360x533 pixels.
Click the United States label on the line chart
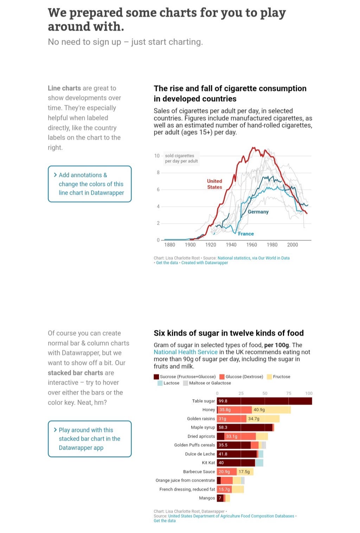(214, 184)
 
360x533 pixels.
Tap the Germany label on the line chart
(258, 212)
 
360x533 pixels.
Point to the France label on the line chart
(246, 234)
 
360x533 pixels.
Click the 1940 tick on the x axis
(231, 245)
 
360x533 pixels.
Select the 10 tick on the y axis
(157, 156)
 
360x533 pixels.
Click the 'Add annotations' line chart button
(90, 184)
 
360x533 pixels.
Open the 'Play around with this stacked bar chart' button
(90, 439)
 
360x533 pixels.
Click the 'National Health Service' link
(186, 352)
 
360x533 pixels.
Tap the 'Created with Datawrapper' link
(205, 263)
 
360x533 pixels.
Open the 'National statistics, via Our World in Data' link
(253, 258)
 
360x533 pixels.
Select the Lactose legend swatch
(160, 383)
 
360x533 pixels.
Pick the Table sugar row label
(203, 401)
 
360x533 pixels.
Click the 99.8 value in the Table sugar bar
(223, 401)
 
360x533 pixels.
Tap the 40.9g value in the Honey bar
(259, 410)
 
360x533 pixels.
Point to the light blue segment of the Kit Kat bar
(259, 463)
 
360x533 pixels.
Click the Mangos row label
(207, 498)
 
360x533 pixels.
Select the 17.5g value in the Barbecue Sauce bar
(244, 472)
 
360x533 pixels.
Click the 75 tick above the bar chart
(289, 393)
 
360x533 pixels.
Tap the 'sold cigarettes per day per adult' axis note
(181, 158)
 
